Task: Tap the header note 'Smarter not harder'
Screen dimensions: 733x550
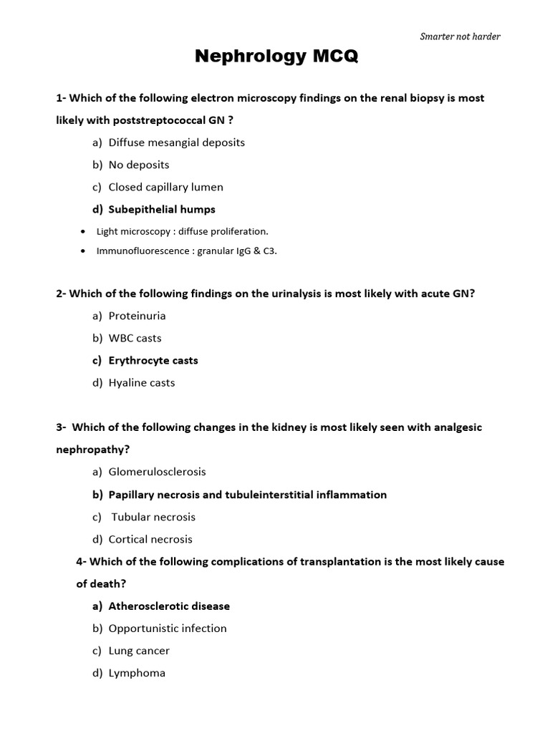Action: click(x=460, y=37)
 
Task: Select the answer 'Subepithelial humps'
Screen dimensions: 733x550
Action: click(x=161, y=209)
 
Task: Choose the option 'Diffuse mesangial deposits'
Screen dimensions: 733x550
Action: click(x=176, y=142)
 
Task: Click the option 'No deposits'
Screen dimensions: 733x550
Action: click(x=139, y=165)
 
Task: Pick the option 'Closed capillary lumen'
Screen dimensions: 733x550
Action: click(x=165, y=187)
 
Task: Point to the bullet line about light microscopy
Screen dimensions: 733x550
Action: click(x=182, y=231)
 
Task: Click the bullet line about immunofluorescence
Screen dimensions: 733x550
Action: click(x=186, y=251)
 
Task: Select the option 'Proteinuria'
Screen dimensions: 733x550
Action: click(x=137, y=316)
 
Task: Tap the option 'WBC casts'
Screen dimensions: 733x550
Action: click(x=135, y=338)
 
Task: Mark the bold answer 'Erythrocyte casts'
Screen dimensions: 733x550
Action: click(x=153, y=360)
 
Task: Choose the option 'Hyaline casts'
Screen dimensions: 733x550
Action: click(x=141, y=382)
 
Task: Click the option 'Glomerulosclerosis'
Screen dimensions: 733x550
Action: click(x=157, y=472)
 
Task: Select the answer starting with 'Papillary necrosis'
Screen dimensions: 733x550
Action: click(x=247, y=495)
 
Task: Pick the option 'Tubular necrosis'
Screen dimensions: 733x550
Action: click(x=153, y=517)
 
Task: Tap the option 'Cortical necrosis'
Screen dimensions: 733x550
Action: click(x=150, y=539)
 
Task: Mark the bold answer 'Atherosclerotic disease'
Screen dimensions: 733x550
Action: click(x=169, y=606)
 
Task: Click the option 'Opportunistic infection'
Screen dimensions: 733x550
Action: click(x=168, y=628)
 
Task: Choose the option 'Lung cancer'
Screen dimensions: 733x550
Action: click(x=139, y=651)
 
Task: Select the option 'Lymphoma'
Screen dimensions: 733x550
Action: click(x=137, y=673)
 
